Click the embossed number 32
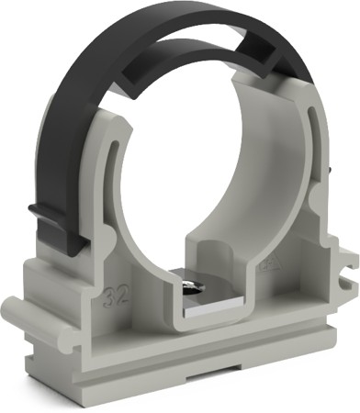[x=116, y=297]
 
